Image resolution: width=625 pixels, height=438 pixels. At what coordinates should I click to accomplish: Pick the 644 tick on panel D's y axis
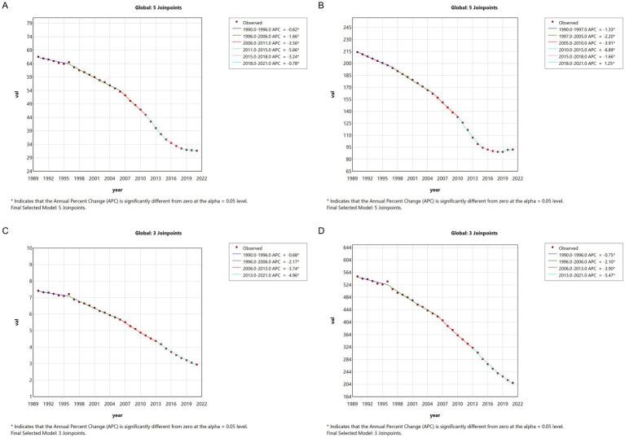point(346,247)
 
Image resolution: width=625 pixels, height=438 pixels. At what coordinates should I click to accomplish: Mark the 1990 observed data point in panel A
point(38,57)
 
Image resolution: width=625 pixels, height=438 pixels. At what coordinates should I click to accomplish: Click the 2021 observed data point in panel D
point(513,383)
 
